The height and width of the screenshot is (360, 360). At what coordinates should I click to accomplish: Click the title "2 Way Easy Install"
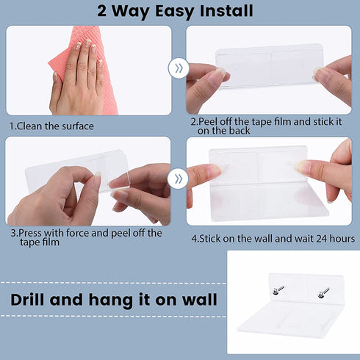tap(175, 11)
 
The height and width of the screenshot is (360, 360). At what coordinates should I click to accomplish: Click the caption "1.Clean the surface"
tap(51, 126)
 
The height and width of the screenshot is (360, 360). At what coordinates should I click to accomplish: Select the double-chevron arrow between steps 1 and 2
tap(179, 68)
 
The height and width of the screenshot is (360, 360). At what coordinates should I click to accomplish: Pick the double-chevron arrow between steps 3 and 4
tap(178, 179)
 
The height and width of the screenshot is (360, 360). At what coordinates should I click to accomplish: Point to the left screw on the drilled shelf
tap(278, 289)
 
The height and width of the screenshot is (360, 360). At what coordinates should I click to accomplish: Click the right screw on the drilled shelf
tap(323, 292)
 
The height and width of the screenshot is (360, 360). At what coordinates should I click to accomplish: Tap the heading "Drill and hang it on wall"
tap(114, 300)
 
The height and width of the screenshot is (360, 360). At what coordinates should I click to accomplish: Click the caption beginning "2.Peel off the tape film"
tap(266, 126)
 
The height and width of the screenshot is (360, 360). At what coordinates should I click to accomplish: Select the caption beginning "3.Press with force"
tap(86, 237)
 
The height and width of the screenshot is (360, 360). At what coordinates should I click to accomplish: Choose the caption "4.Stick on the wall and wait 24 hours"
tap(273, 239)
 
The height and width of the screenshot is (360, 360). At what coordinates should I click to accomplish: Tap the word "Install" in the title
tap(226, 11)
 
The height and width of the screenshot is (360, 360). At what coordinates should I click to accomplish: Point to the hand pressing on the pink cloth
tap(77, 79)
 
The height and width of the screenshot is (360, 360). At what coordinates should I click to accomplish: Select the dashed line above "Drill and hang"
tap(113, 284)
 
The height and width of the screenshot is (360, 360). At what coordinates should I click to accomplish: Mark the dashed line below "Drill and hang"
tap(113, 316)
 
